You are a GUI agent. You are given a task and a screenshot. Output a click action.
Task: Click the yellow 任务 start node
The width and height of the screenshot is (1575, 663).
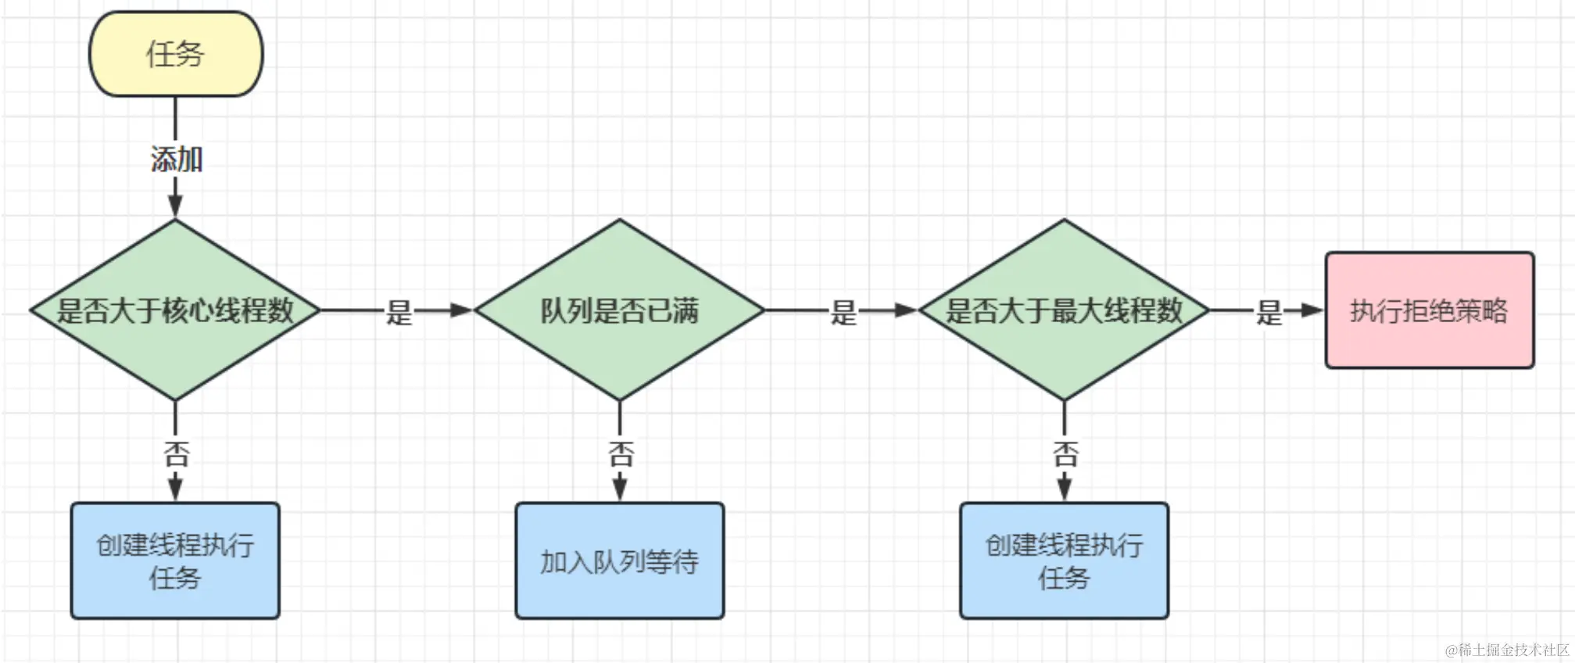(176, 54)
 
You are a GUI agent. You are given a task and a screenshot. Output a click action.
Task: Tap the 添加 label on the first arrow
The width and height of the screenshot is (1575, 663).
(176, 159)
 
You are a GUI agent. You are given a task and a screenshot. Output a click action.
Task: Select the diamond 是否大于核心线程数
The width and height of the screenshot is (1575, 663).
(175, 310)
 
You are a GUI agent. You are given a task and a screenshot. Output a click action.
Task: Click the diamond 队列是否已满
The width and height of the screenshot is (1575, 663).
(619, 310)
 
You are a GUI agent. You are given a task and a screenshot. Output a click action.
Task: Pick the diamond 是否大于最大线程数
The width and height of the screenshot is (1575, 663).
(1064, 310)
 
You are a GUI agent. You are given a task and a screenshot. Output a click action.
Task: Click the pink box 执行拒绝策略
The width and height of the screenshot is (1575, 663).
(1429, 310)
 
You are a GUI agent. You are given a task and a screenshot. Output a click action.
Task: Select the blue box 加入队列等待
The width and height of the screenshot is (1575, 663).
(619, 561)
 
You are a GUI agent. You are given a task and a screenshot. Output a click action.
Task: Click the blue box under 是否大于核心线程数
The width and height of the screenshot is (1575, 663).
(175, 561)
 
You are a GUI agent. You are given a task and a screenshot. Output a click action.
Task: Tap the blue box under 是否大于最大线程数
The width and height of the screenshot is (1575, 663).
(1064, 561)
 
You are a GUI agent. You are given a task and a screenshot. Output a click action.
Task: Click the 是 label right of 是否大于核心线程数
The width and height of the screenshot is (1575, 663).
(399, 312)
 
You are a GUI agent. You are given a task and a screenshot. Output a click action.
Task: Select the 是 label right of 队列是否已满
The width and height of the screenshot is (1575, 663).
(843, 312)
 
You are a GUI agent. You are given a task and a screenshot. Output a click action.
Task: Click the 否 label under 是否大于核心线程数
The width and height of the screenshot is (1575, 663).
(176, 453)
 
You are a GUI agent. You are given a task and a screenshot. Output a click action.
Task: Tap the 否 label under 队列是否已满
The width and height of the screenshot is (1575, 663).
(621, 453)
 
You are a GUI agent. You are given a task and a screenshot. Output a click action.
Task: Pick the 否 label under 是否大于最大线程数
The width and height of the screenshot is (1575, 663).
(1065, 453)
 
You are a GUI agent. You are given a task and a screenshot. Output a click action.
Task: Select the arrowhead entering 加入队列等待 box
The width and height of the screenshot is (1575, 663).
(620, 489)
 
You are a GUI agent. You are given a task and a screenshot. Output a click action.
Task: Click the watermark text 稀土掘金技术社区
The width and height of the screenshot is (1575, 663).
(1508, 650)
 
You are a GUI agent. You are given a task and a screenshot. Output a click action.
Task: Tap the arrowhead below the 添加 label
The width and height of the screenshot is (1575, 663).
(175, 205)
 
